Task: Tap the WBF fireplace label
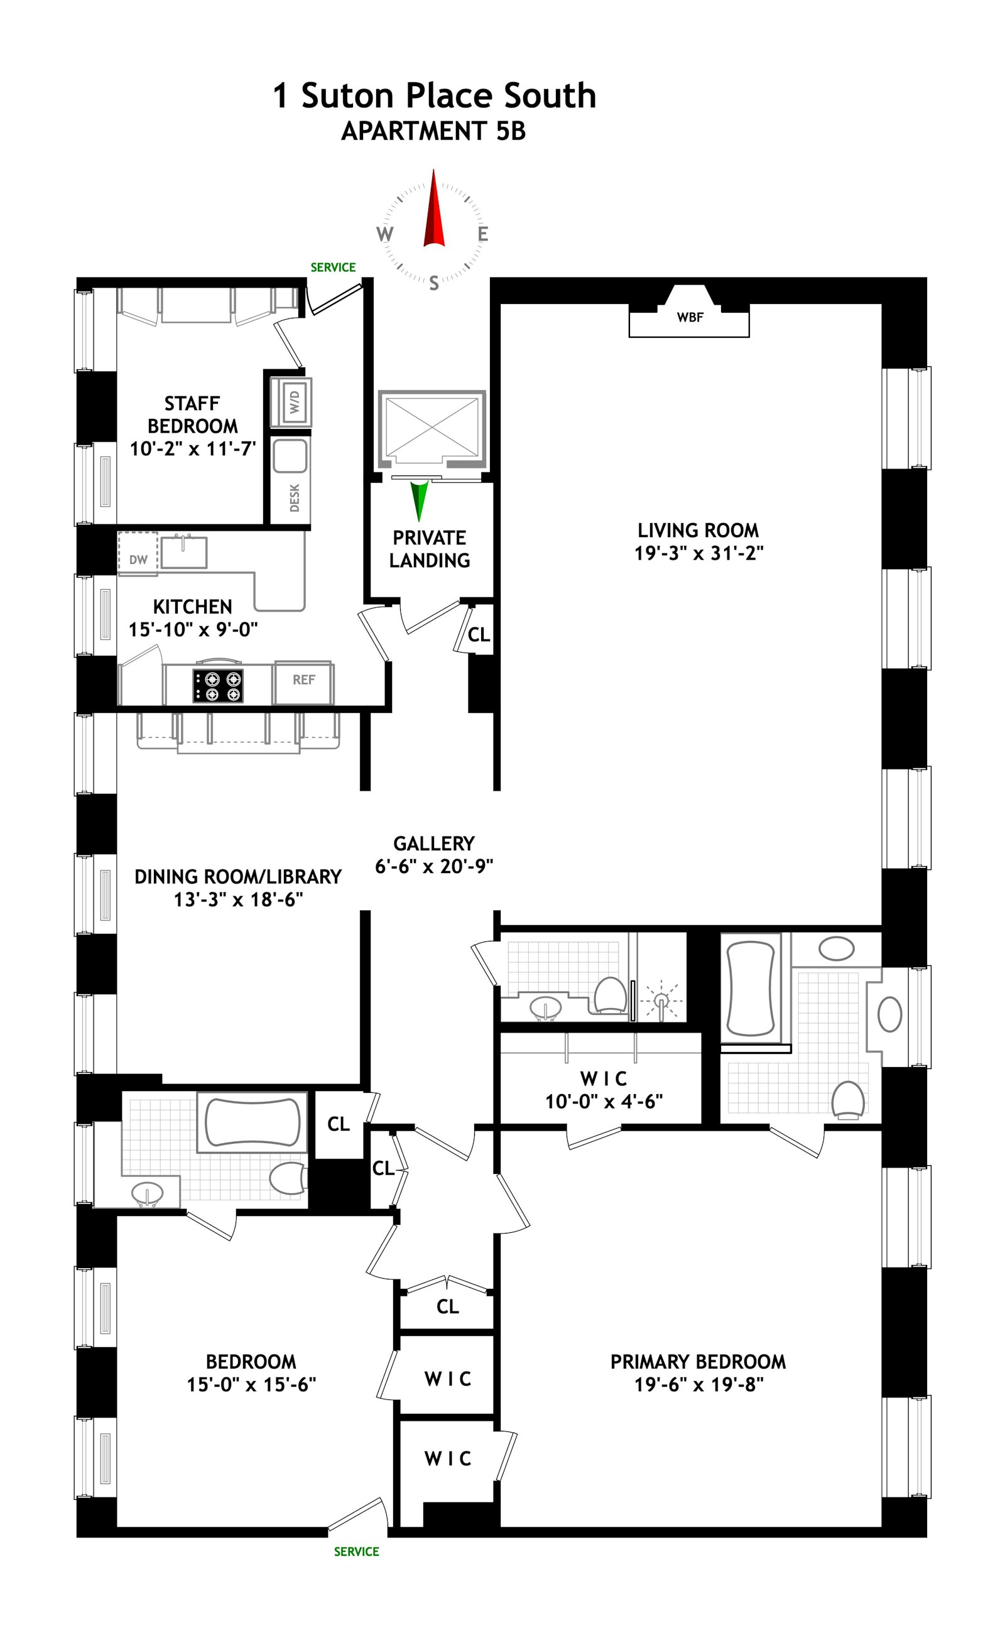(689, 318)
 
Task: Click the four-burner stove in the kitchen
(218, 686)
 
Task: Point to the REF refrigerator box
(304, 680)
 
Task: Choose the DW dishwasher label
(138, 560)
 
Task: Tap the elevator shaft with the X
(432, 426)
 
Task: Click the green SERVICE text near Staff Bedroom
(333, 267)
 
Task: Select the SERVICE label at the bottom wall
(356, 1551)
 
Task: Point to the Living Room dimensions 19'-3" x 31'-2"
(698, 553)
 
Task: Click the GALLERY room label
(433, 844)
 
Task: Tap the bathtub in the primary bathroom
(751, 989)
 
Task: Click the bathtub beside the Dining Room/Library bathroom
(252, 1122)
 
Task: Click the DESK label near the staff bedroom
(295, 498)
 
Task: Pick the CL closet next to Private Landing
(479, 635)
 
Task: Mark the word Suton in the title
(347, 95)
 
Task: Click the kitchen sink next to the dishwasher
(183, 551)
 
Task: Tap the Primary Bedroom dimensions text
(698, 1384)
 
